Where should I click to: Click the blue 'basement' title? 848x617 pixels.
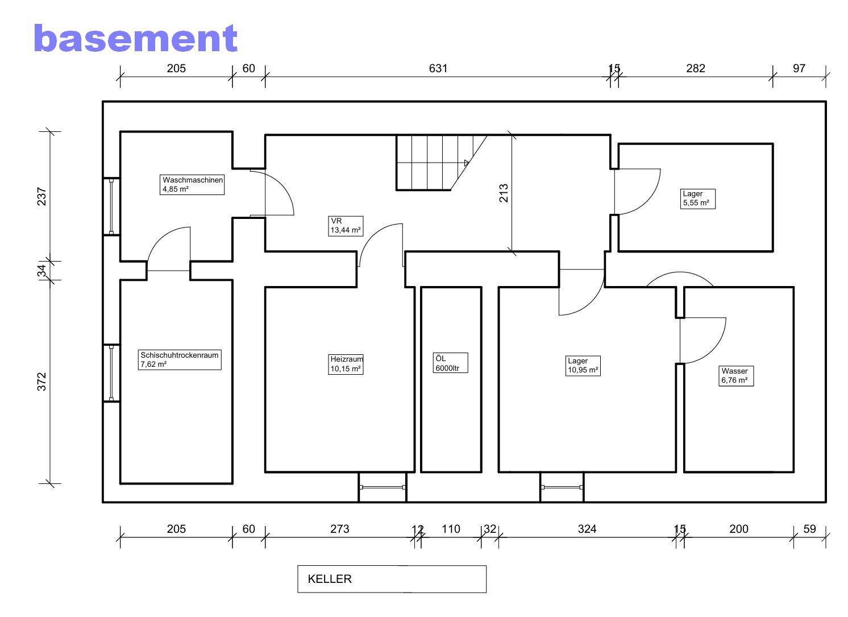[x=135, y=38]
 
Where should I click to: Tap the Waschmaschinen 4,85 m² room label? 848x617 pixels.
[x=192, y=184]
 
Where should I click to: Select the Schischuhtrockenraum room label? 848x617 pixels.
[x=180, y=360]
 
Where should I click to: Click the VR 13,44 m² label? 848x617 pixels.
[x=346, y=226]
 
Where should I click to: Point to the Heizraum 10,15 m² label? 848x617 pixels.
[x=346, y=365]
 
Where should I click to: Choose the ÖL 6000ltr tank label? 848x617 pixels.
[x=451, y=363]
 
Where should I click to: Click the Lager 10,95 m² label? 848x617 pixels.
[x=583, y=366]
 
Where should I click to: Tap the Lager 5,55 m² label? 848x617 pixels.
[x=698, y=199]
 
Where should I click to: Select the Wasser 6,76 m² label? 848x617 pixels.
[x=737, y=376]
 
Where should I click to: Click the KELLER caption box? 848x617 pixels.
[x=392, y=579]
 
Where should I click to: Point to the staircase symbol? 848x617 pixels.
[x=442, y=163]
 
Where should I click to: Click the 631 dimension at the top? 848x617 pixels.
[x=438, y=69]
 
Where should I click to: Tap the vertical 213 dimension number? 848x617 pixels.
[x=504, y=193]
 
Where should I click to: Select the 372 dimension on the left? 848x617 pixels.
[x=41, y=382]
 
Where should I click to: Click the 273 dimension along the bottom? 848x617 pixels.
[x=339, y=529]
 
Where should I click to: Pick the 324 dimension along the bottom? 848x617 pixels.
[x=587, y=529]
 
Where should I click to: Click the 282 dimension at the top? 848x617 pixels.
[x=696, y=69]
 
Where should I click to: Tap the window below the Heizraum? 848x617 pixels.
[x=383, y=487]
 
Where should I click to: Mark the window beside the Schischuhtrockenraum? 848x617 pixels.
[x=111, y=373]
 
